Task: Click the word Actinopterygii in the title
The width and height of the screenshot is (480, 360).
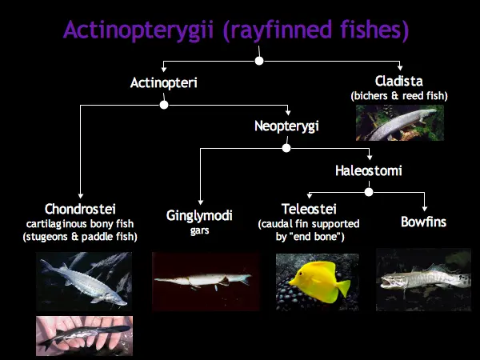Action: pos(138,30)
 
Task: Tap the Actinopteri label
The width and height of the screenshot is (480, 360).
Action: pos(164,82)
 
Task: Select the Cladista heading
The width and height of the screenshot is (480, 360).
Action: pos(399,81)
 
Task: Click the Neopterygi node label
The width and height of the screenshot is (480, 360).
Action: pos(286,126)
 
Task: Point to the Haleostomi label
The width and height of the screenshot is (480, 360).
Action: pos(369,170)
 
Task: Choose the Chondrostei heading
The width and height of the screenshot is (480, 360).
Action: pos(80,209)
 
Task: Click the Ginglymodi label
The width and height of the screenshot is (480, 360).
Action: pos(199,216)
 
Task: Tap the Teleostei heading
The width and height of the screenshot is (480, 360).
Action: pos(309,209)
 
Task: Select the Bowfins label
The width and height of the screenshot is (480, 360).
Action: pos(424,222)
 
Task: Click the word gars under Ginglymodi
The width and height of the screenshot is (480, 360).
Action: pos(199,230)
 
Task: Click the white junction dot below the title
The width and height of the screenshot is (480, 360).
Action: pos(259,61)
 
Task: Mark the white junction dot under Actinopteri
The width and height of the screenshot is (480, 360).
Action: pos(164,105)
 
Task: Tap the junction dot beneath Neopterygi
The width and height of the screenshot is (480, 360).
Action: pos(286,148)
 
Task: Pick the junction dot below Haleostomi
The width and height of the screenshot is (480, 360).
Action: pos(369,192)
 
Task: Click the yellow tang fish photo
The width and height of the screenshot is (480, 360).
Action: pos(318,282)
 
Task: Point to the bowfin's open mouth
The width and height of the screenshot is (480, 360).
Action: pos(387,282)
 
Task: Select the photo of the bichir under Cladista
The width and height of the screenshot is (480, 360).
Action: pos(400,122)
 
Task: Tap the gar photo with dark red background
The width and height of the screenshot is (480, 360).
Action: pos(206,282)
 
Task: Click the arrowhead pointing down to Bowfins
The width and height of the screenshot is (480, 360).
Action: pos(424,209)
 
